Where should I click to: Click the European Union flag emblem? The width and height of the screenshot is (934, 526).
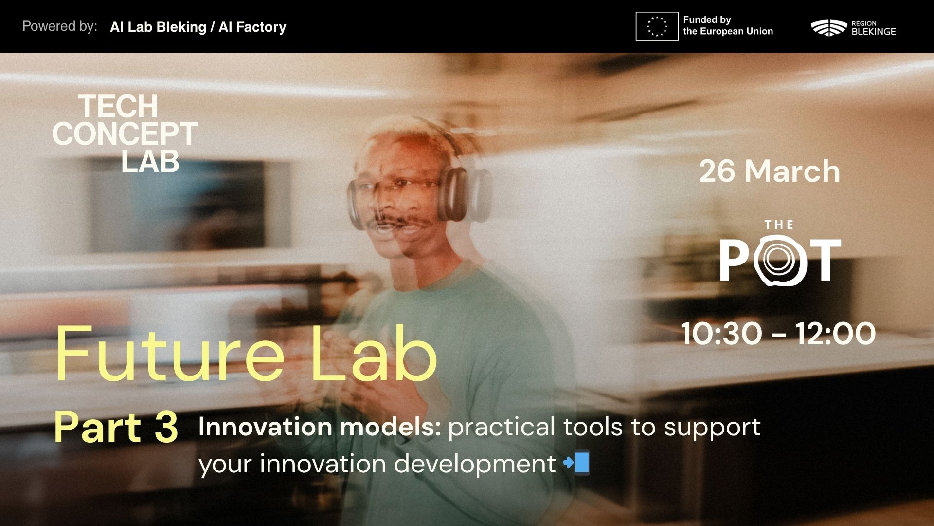click(x=657, y=26)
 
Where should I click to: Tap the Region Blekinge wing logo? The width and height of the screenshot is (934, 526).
click(x=829, y=27)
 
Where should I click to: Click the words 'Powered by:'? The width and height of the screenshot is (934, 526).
click(x=60, y=26)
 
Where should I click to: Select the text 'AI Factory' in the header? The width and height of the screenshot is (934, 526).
click(x=252, y=27)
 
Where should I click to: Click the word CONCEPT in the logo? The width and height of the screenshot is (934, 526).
click(x=125, y=133)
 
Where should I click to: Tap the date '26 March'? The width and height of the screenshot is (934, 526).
click(x=770, y=171)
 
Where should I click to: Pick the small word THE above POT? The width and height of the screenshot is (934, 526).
click(x=779, y=225)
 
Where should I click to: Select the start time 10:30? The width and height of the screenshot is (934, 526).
click(x=722, y=334)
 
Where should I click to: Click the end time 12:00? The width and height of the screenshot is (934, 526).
click(x=835, y=334)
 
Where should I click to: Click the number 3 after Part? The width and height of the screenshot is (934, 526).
click(x=165, y=427)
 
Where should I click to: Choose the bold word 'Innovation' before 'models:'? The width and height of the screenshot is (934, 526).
click(x=265, y=427)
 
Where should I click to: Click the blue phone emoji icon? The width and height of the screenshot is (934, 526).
click(x=577, y=463)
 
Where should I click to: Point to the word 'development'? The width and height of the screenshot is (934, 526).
click(x=475, y=464)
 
